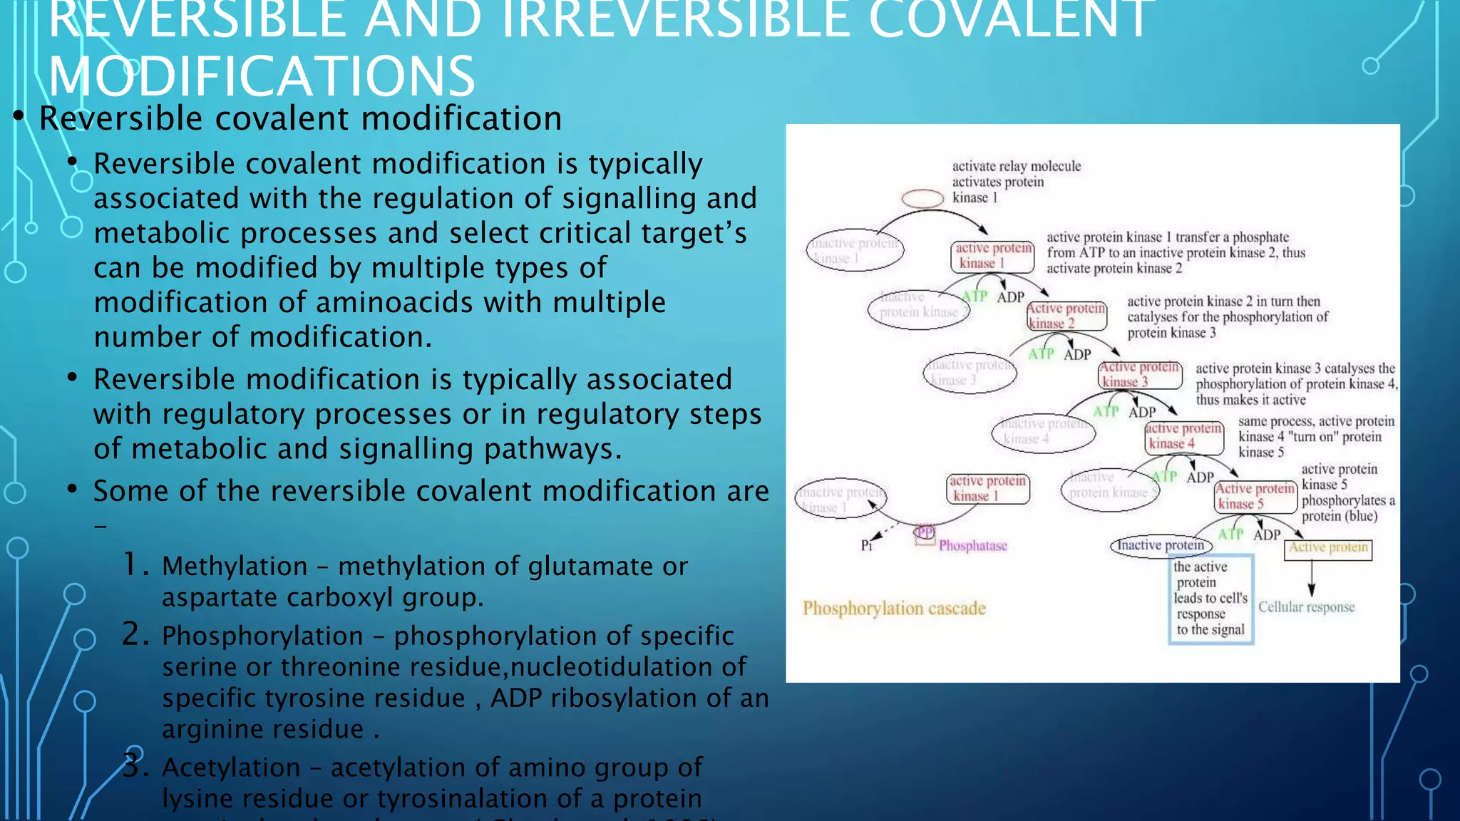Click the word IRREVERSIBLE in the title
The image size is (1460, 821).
[x=674, y=20]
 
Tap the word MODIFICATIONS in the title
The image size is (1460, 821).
[x=262, y=77]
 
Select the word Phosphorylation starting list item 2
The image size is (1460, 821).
[x=262, y=636]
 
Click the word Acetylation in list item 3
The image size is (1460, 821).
[x=231, y=768]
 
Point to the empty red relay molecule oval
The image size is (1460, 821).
[x=922, y=198]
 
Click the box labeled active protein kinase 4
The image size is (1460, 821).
[x=1183, y=436]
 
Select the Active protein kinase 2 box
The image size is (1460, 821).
[x=1066, y=316]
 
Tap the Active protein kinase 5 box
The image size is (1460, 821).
[x=1255, y=496]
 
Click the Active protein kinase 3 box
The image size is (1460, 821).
[x=1139, y=374]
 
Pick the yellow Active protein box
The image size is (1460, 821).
[x=1328, y=548]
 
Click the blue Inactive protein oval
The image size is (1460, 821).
[x=1160, y=546]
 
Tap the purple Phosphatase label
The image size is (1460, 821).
[x=972, y=546]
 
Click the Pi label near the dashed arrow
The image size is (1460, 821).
[x=866, y=546]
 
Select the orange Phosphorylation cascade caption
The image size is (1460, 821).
[x=894, y=609]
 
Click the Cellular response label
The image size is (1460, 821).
[x=1306, y=607]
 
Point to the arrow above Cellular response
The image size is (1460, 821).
[x=1312, y=579]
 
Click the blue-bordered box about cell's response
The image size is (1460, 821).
[x=1210, y=599]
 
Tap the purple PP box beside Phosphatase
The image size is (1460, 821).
[x=925, y=534]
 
